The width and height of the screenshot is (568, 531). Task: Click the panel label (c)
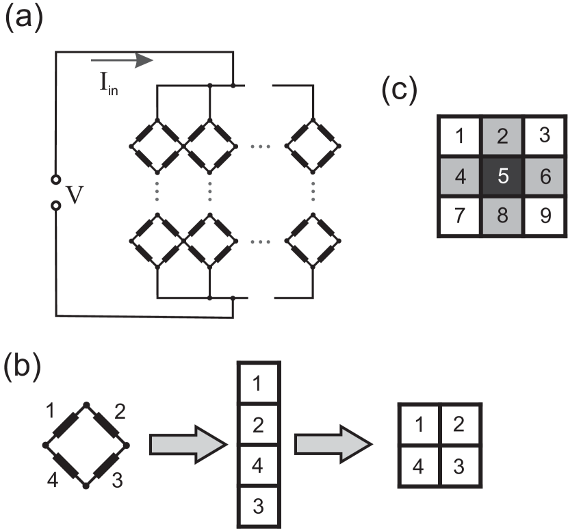point(399,91)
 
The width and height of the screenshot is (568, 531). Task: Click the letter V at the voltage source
point(74,195)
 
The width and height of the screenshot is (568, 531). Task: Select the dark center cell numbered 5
point(502,177)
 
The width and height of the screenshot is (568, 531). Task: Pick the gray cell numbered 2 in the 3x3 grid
point(502,135)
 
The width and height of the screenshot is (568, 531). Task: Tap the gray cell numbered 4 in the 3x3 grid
point(461,177)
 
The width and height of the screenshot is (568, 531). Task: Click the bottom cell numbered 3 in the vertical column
point(258,507)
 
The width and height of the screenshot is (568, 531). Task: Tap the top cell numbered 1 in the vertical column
point(258,384)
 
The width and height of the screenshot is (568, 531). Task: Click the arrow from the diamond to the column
point(187,445)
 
